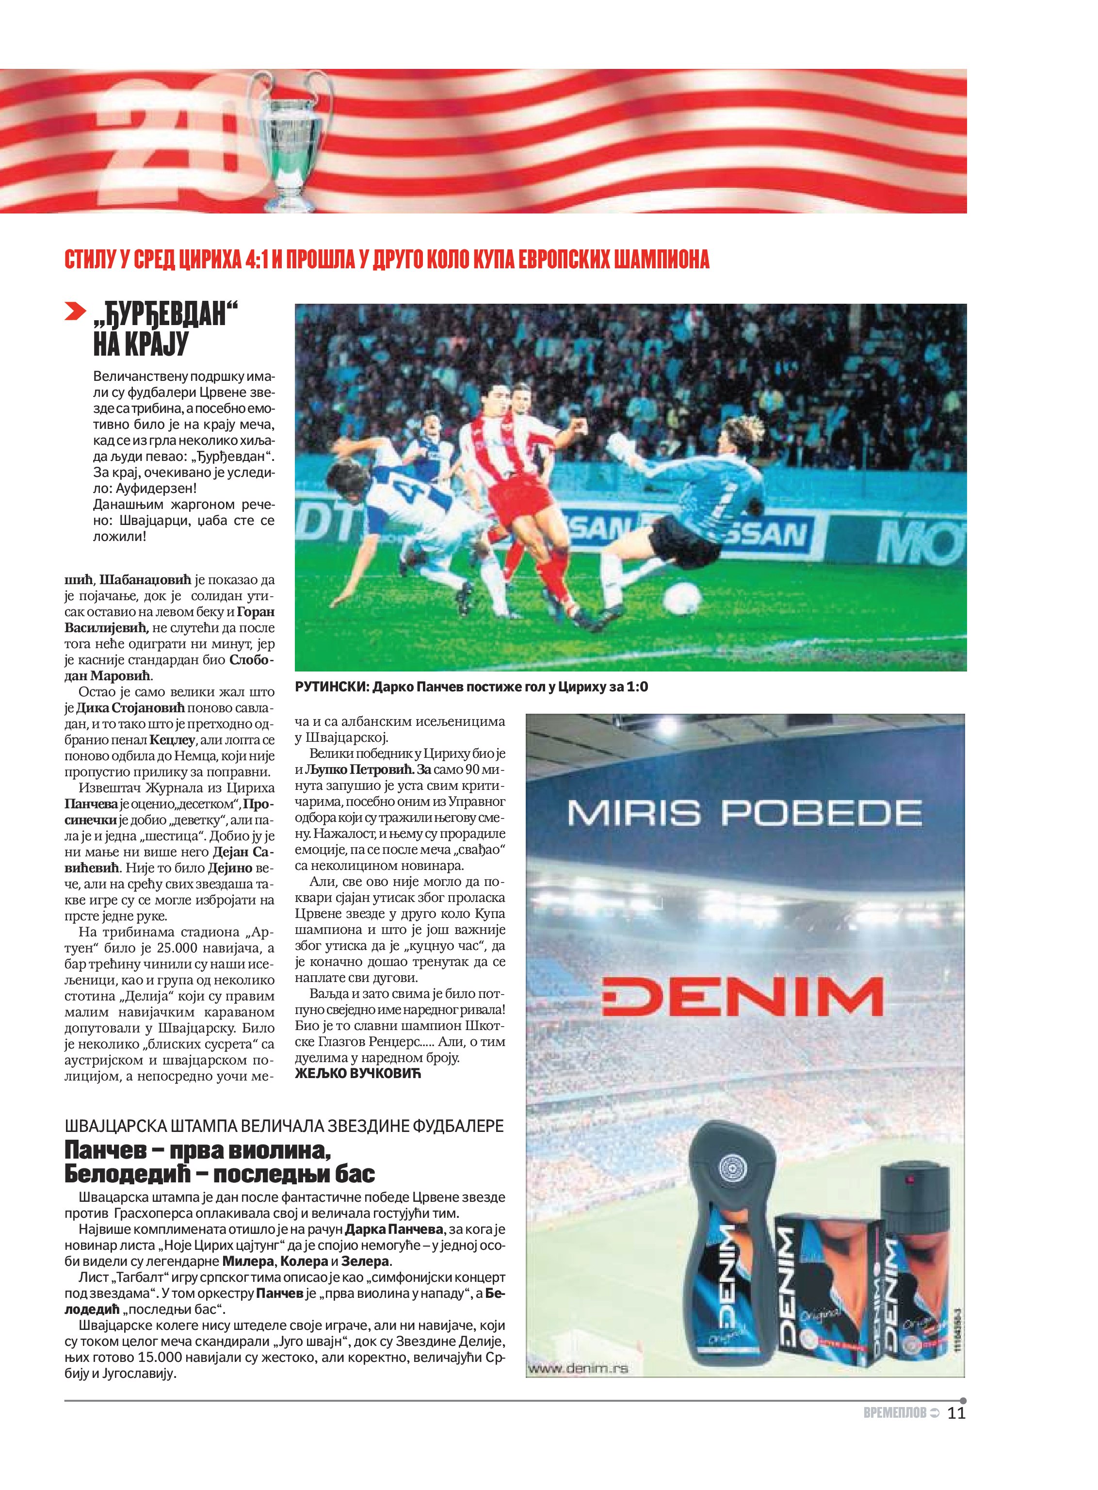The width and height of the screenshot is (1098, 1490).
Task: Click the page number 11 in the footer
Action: tap(956, 1413)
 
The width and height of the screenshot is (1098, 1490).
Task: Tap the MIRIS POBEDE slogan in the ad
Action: tap(744, 813)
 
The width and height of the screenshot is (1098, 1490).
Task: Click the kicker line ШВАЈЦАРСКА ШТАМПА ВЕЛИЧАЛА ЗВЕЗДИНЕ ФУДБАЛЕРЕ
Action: tap(284, 1126)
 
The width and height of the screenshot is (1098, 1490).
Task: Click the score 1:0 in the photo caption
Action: tap(636, 687)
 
